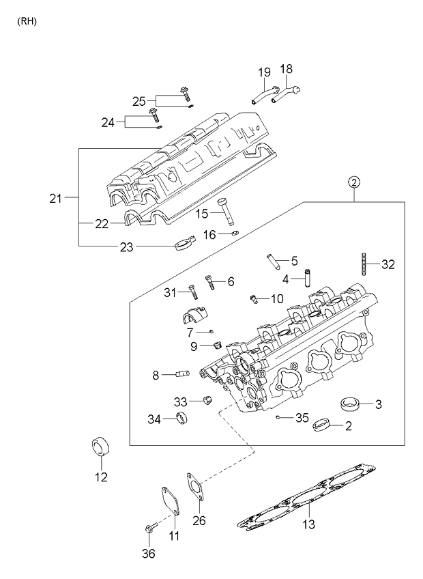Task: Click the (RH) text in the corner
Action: tap(27, 21)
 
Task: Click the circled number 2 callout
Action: tap(353, 182)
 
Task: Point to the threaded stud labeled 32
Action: tap(365, 263)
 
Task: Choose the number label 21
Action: tap(55, 199)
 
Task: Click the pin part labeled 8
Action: tap(182, 374)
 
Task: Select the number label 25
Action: tap(139, 101)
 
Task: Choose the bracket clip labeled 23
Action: tap(184, 244)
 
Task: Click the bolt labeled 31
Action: tap(192, 292)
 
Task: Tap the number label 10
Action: tap(276, 298)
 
